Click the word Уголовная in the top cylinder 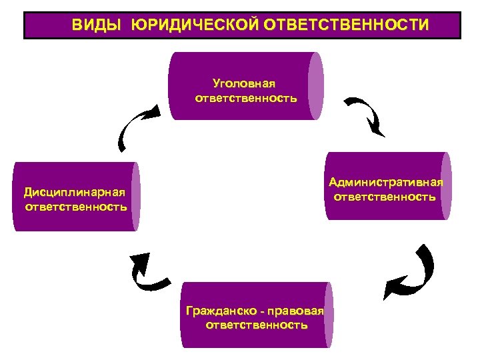click(x=244, y=84)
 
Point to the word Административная click(x=385, y=182)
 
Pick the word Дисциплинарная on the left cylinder click(x=75, y=192)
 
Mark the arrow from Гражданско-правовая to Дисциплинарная click(x=147, y=273)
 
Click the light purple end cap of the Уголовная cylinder click(x=316, y=86)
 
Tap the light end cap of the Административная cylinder click(x=445, y=186)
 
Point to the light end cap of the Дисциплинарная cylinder click(x=135, y=197)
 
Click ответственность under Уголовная click(x=246, y=98)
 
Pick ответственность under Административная click(x=385, y=197)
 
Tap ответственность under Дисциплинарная click(x=75, y=206)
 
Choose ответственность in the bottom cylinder click(x=257, y=325)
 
